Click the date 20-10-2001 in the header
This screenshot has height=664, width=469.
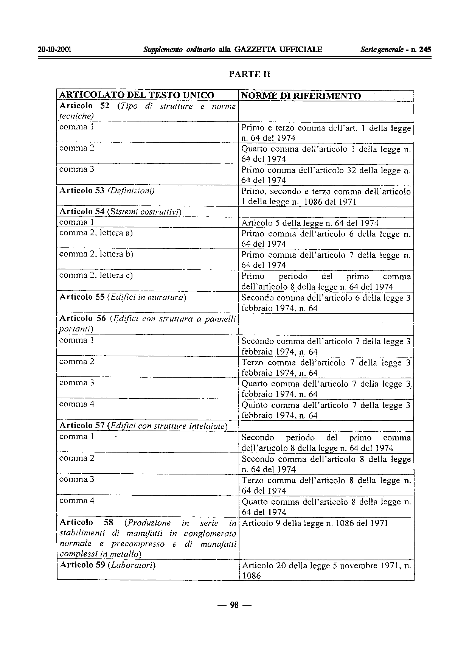click(55, 50)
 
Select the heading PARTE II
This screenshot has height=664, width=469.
click(250, 74)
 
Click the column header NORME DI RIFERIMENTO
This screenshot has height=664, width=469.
click(301, 96)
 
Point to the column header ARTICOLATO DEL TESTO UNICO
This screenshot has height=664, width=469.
click(137, 95)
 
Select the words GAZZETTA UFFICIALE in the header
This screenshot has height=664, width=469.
click(278, 50)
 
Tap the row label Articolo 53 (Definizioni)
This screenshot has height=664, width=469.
click(107, 190)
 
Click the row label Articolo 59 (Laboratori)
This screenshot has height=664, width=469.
click(108, 566)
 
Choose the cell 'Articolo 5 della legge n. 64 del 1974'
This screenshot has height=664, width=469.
click(310, 223)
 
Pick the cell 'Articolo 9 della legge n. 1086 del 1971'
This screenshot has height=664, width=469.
click(315, 523)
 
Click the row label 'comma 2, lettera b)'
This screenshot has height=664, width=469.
click(96, 254)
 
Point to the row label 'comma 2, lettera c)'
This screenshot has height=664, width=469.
click(96, 275)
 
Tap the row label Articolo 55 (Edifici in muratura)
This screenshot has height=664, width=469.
click(123, 297)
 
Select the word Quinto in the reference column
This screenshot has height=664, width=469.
click(254, 405)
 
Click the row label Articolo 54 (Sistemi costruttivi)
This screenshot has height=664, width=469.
click(121, 211)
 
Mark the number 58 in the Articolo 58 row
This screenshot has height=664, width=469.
click(109, 522)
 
